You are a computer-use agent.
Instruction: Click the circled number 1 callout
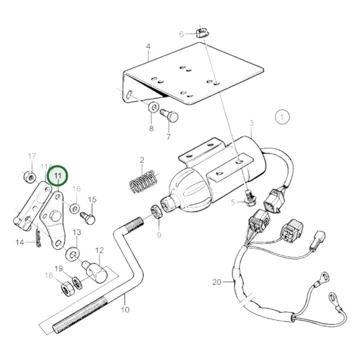click(282, 117)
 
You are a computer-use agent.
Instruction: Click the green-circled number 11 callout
click(57, 177)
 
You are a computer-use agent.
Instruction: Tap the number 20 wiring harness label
click(235, 282)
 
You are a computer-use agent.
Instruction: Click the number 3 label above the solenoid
click(251, 124)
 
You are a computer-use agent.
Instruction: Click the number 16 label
click(76, 189)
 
